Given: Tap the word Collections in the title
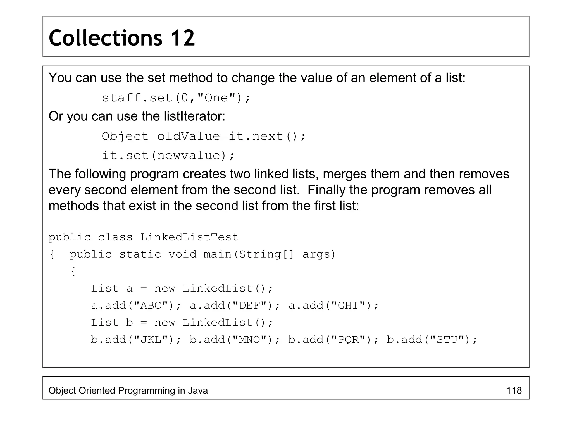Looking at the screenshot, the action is (105, 38).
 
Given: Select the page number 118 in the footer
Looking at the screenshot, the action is (514, 390).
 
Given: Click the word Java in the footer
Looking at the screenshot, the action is (198, 390).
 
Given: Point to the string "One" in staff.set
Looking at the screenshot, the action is (216, 98).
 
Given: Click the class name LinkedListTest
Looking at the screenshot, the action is (189, 237).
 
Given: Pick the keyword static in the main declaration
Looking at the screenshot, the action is (140, 254).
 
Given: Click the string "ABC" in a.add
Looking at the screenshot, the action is (151, 306).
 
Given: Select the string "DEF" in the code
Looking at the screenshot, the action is (250, 306).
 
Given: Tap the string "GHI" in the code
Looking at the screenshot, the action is (348, 306).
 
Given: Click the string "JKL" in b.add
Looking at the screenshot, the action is (151, 340).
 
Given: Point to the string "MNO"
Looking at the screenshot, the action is (250, 340).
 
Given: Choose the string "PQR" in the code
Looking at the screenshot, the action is (348, 340).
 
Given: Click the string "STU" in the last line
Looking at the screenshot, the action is (447, 340).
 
